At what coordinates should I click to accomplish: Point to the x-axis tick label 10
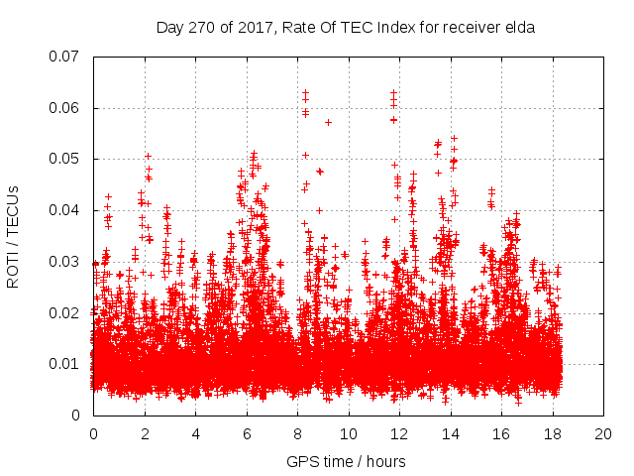348,434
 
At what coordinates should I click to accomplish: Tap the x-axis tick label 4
195,434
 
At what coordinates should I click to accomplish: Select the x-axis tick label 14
450,434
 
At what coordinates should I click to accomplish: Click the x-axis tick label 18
552,434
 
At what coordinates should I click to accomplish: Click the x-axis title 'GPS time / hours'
346,461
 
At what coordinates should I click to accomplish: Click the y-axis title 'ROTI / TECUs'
14,236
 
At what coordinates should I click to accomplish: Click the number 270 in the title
203,28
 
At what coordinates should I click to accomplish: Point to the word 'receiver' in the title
472,28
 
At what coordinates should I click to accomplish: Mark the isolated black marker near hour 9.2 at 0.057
328,122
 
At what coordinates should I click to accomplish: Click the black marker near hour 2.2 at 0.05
149,156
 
